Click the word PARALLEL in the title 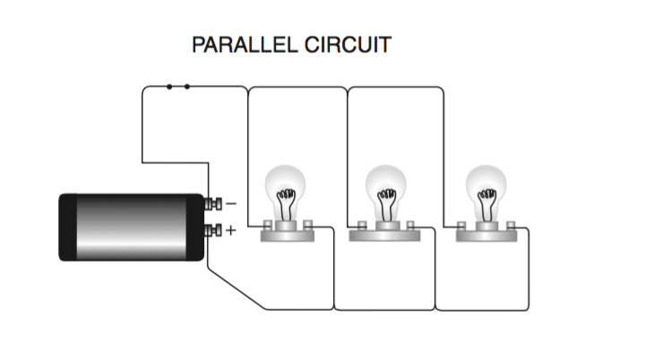[245, 45]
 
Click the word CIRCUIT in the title [348, 45]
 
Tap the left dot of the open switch [169, 87]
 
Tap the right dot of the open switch [187, 87]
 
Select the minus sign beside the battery [231, 203]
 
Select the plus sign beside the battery [230, 230]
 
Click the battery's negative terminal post [213, 204]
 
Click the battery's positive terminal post [213, 230]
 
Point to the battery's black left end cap [67, 227]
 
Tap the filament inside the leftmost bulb [286, 204]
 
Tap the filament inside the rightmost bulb [487, 204]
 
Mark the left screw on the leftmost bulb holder [267, 226]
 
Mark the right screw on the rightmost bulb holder [511, 226]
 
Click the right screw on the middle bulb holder [410, 226]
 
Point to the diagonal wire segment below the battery [237, 289]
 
